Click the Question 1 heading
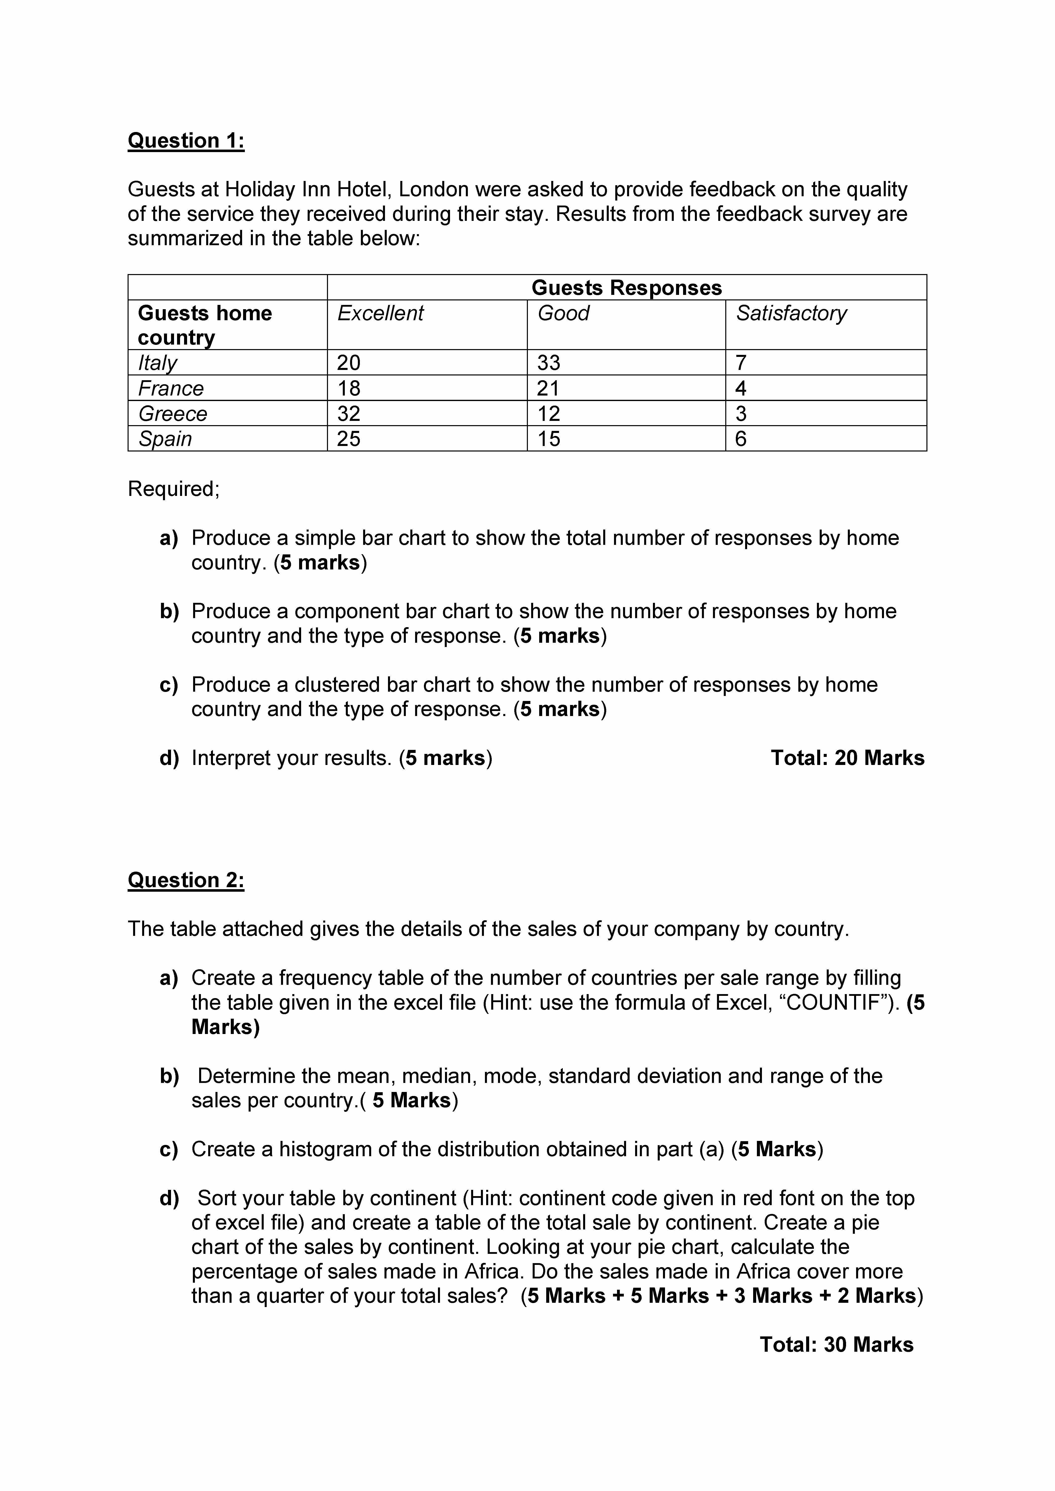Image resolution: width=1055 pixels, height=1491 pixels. pyautogui.click(x=186, y=141)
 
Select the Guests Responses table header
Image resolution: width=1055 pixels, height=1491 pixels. pyautogui.click(x=626, y=288)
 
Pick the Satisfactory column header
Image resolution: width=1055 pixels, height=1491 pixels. pyautogui.click(x=791, y=313)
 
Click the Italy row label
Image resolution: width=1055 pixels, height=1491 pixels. pyautogui.click(x=157, y=362)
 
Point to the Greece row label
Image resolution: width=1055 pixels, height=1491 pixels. pyautogui.click(x=173, y=414)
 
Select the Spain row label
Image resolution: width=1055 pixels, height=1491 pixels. pyautogui.click(x=165, y=439)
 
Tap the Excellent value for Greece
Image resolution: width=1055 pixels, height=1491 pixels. pyautogui.click(x=348, y=414)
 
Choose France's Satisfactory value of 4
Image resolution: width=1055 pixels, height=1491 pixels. pyautogui.click(x=741, y=388)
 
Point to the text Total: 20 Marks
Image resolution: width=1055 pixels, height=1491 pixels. pyautogui.click(x=847, y=758)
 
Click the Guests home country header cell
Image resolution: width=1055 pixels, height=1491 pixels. pyautogui.click(x=205, y=325)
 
